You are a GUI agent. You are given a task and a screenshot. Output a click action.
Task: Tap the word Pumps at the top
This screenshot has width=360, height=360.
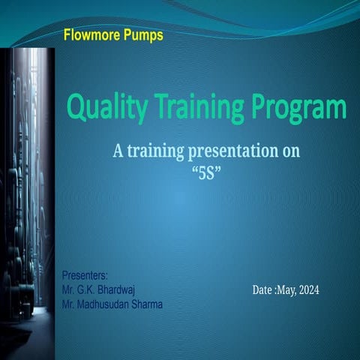[x=142, y=34]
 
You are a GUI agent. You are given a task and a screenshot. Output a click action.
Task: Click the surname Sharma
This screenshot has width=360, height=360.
[x=148, y=304]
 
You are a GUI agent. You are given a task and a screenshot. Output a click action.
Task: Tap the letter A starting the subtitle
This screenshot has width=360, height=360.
[x=118, y=151]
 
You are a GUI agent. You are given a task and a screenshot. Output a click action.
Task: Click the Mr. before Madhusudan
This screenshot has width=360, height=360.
[x=67, y=304]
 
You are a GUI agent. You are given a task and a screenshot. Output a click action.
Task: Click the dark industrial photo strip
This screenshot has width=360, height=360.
[x=27, y=187]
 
